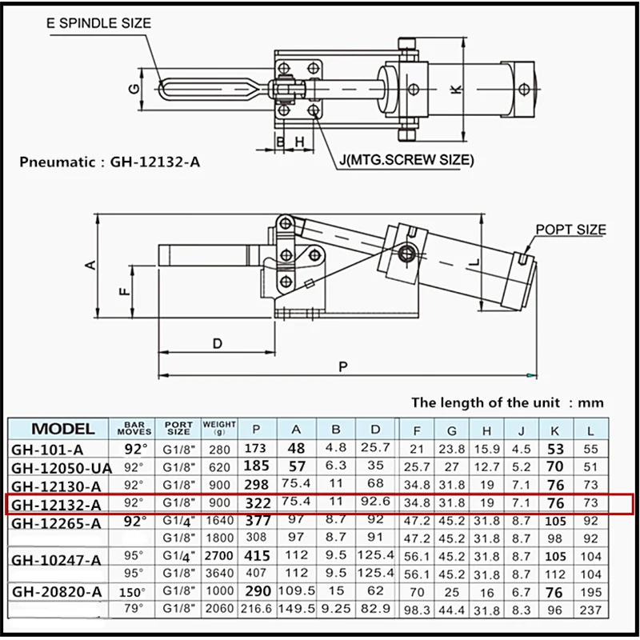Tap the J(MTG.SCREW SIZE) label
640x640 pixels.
[x=405, y=160]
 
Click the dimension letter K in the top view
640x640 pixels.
[x=454, y=90]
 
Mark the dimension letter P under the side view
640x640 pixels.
[x=343, y=366]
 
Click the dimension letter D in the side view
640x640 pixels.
[x=217, y=342]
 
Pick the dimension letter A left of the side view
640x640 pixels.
[x=90, y=264]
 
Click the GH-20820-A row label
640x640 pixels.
[x=57, y=593]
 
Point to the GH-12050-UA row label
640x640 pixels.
[x=62, y=467]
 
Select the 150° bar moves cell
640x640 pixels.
[x=134, y=593]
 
